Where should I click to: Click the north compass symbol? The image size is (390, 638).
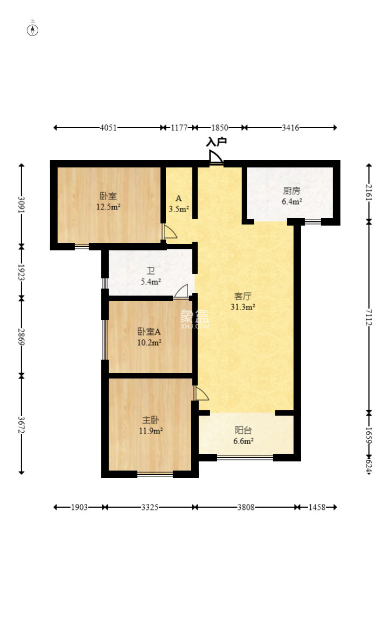pyautogui.click(x=32, y=30)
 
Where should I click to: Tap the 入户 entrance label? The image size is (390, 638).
pyautogui.click(x=216, y=142)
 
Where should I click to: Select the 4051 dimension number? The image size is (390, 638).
pyautogui.click(x=108, y=128)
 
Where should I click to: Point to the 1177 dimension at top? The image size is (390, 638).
pyautogui.click(x=179, y=128)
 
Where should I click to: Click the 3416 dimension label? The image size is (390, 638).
pyautogui.click(x=290, y=128)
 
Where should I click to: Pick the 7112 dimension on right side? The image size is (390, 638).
pyautogui.click(x=368, y=317)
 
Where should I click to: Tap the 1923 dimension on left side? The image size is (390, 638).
pyautogui.click(x=21, y=272)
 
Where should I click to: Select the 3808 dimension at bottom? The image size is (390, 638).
pyautogui.click(x=246, y=507)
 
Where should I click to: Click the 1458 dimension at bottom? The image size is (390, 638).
pyautogui.click(x=317, y=507)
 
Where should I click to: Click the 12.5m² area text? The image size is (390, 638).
pyautogui.click(x=108, y=207)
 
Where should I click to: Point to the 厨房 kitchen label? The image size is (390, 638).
pyautogui.click(x=291, y=191)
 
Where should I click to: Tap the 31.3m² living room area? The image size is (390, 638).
pyautogui.click(x=242, y=307)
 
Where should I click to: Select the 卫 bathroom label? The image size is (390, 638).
pyautogui.click(x=151, y=271)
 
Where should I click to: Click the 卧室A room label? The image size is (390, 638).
pyautogui.click(x=149, y=332)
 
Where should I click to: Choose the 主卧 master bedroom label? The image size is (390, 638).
pyautogui.click(x=151, y=420)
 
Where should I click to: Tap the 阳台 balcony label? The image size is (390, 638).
pyautogui.click(x=243, y=430)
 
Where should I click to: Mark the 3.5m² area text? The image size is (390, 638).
pyautogui.click(x=179, y=209)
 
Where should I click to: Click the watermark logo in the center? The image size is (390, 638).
pyautogui.click(x=194, y=319)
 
